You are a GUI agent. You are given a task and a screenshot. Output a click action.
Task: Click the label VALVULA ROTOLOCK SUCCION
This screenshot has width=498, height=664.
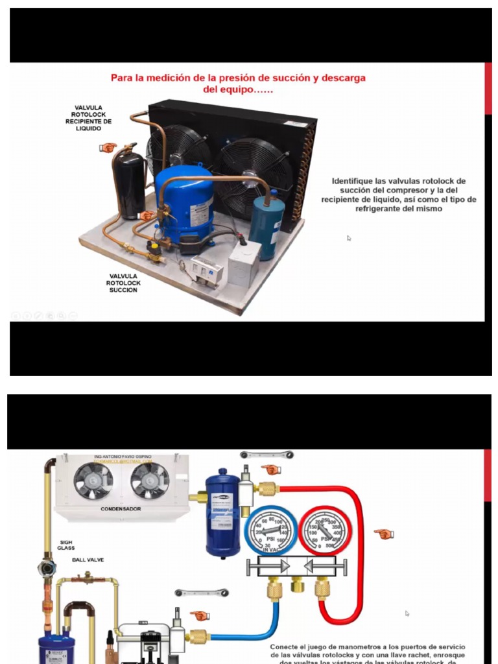click(x=123, y=283)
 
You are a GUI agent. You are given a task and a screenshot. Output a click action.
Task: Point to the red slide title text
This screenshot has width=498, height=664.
click(x=238, y=83)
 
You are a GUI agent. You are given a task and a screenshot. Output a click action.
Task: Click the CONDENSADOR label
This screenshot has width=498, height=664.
click(x=121, y=509)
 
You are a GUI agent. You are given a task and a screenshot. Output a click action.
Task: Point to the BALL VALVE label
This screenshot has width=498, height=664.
click(x=88, y=560)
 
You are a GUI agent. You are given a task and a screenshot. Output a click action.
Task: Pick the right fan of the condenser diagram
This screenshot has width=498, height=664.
click(x=150, y=480)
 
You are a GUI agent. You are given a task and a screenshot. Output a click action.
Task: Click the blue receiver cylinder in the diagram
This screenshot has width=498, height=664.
click(x=223, y=516)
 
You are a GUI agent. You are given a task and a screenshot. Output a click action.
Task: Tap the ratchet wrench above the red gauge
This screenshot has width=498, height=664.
click(x=267, y=455)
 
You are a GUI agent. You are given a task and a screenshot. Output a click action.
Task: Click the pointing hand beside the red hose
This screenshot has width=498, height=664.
click(x=384, y=534)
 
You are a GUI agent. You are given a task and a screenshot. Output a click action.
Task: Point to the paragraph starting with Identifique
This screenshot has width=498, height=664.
click(x=398, y=195)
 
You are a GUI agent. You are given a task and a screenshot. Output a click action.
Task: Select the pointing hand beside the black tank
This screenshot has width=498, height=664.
click(x=108, y=148)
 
